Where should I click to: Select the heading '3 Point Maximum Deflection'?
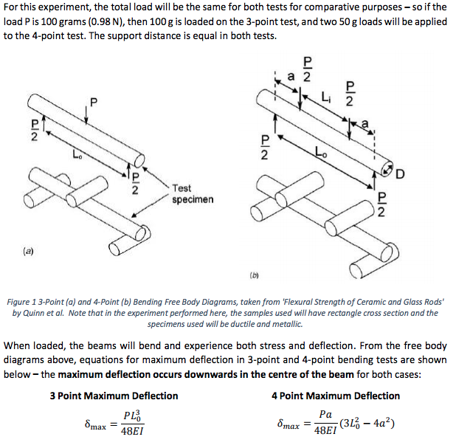(114, 396)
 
